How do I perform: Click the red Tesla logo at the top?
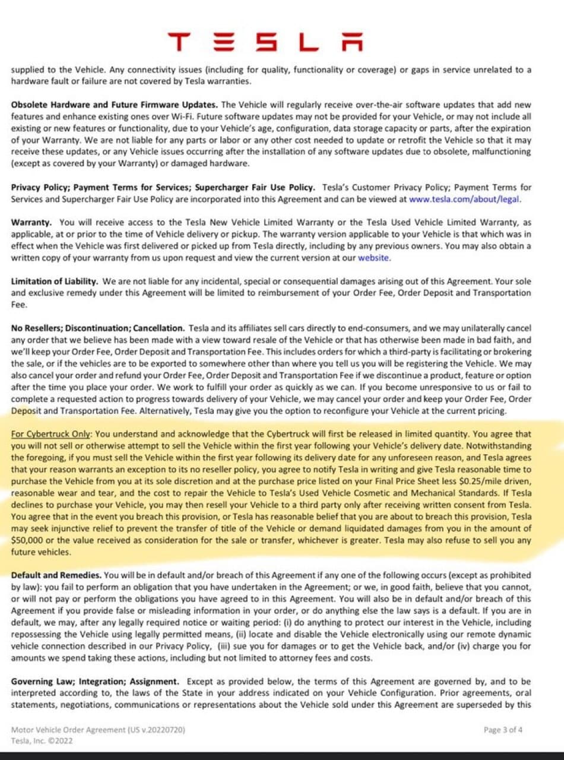[x=265, y=43]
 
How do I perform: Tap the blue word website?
[x=373, y=258]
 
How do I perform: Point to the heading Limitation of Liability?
[x=55, y=281]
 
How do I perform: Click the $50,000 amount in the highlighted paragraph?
[x=29, y=540]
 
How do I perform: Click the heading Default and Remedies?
[x=56, y=575]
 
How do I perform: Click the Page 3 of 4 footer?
[x=503, y=730]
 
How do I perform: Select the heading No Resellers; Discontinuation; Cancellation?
[x=97, y=328]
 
